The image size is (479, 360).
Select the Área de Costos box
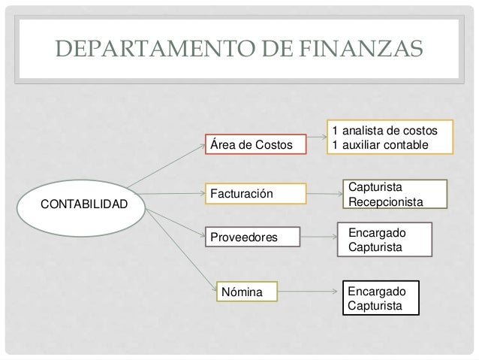[x=256, y=144]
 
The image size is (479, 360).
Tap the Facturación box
[x=256, y=194]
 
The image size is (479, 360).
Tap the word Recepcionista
[x=384, y=203]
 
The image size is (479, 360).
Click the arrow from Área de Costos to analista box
[x=316, y=137]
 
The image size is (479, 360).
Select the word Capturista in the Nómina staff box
[x=375, y=305]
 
